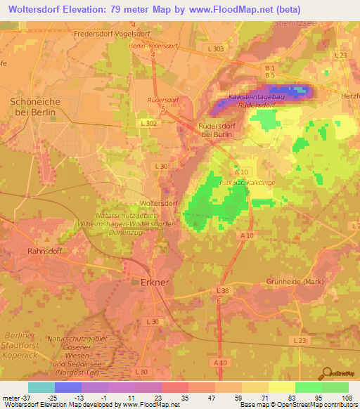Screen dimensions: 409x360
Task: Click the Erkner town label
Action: coord(150,282)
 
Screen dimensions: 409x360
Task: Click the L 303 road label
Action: coord(216,48)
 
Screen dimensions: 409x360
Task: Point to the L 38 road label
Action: coord(223,290)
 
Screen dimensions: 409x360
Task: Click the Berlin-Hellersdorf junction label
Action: coord(152,46)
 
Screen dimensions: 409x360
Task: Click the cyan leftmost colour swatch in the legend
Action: coord(41,387)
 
